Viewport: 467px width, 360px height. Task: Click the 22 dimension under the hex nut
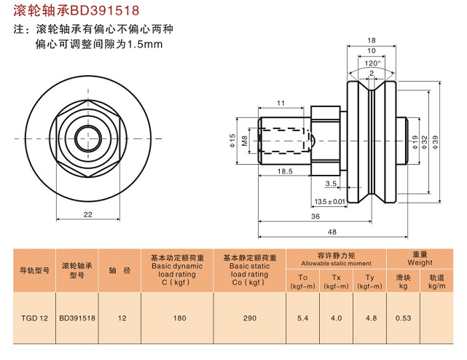[x=87, y=214]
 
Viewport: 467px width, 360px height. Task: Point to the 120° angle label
[x=373, y=63]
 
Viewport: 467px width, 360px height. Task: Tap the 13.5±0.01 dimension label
[x=329, y=201]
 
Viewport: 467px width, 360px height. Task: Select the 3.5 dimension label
[x=331, y=184]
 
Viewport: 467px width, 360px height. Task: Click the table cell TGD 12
[x=34, y=318]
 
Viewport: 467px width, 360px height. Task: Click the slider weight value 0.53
[x=404, y=318]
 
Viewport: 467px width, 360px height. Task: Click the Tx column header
[x=336, y=278]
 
